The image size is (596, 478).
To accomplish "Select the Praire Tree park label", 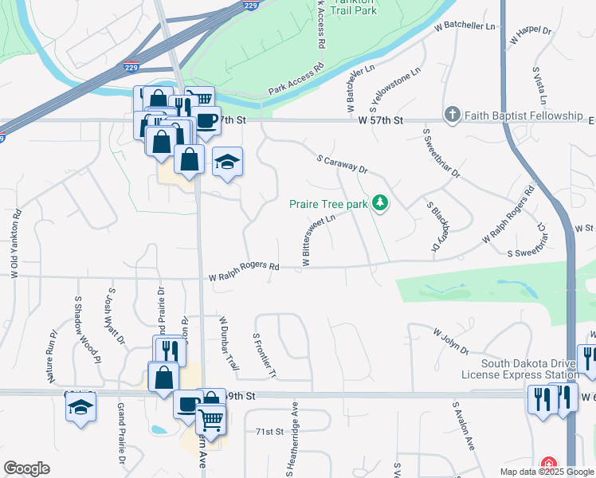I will [328, 204].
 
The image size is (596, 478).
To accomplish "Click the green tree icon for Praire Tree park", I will [381, 204].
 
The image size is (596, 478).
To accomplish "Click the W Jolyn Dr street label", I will [451, 340].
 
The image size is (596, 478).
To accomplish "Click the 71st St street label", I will [269, 432].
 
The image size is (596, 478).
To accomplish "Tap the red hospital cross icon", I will [549, 464].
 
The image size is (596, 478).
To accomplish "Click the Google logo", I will [26, 468].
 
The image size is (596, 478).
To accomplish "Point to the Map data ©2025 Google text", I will [547, 472].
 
